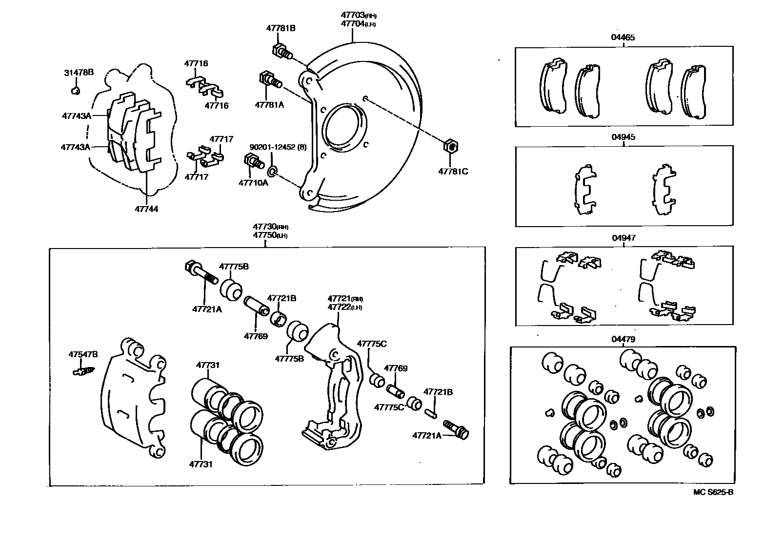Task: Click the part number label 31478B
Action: (x=79, y=73)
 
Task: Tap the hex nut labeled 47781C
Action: (x=451, y=146)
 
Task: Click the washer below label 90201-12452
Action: (x=272, y=171)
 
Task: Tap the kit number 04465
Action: (x=624, y=37)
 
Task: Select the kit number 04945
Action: (x=624, y=137)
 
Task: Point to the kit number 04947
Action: (x=624, y=238)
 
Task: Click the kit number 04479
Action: (x=624, y=339)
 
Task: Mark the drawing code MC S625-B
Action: (x=713, y=492)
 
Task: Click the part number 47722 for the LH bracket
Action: (x=340, y=307)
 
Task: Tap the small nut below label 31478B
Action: (x=75, y=91)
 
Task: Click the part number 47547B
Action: (x=83, y=354)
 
